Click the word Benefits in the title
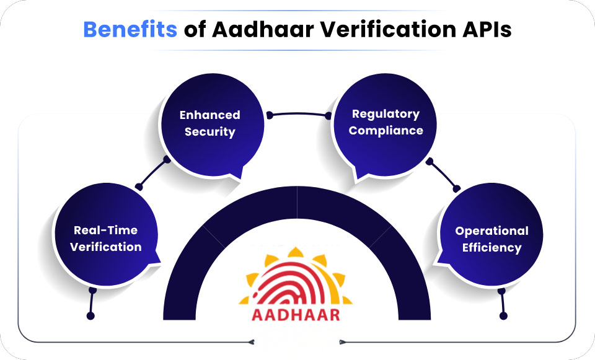130,29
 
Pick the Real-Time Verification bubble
105,239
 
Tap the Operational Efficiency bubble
491,239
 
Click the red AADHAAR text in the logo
296,314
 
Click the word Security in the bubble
209,132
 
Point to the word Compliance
386,131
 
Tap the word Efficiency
491,248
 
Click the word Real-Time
105,230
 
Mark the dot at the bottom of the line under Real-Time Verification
91,316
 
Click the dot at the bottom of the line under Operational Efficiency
503,316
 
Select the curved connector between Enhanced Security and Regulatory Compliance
299,113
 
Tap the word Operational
491,230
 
